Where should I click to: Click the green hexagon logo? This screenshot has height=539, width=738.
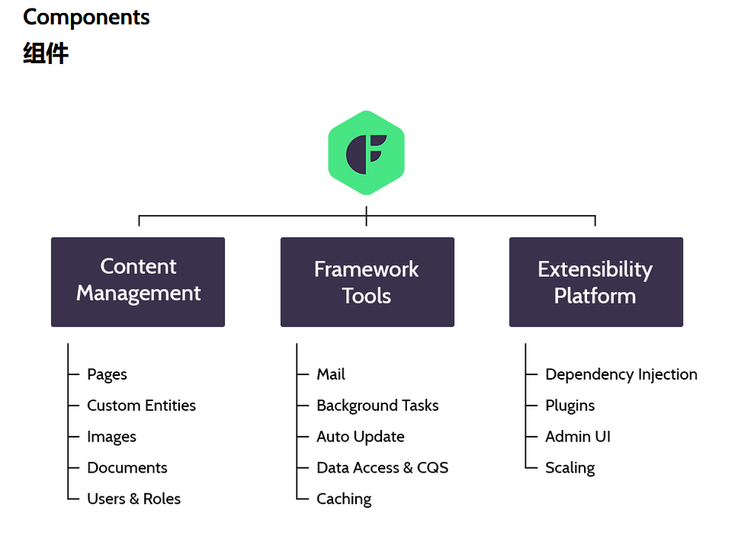coord(366,153)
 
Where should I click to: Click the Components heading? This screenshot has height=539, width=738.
coord(86,18)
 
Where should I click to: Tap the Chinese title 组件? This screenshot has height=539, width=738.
coord(46,53)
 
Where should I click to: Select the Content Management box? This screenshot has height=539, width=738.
coord(138,282)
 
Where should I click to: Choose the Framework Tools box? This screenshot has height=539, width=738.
coord(367,282)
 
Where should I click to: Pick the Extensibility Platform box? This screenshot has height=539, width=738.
coord(596,282)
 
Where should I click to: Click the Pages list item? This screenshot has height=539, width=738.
coord(107,375)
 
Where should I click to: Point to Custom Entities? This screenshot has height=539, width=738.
coord(141,406)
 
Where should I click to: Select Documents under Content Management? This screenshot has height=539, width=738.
coord(127,468)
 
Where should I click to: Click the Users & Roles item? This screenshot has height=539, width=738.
coord(133,499)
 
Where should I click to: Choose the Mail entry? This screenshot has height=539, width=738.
coord(331,374)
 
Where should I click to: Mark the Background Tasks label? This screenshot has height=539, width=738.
coord(377,406)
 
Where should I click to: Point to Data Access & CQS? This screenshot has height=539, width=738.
coord(382,468)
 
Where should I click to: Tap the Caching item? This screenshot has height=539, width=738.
coord(344,499)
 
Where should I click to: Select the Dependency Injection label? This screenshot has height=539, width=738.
coord(621,375)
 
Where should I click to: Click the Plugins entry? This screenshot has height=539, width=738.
coord(570,406)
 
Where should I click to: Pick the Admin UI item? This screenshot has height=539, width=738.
coord(578,437)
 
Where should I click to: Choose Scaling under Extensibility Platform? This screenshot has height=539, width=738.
coord(570,468)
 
